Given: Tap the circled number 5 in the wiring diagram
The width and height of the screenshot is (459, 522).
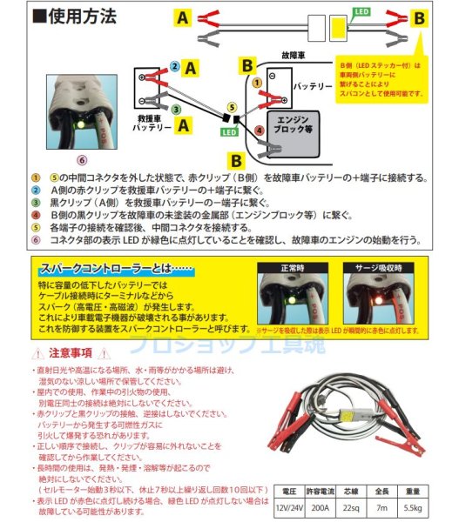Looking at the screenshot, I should [x=230, y=106].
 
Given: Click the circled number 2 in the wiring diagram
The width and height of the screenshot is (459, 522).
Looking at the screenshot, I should [x=174, y=66].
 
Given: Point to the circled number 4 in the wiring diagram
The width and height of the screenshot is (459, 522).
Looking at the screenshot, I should [x=258, y=131].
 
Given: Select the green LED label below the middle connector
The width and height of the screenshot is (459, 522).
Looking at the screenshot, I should [x=228, y=132].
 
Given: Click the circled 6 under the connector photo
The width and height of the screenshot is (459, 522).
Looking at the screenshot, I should [x=82, y=159].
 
